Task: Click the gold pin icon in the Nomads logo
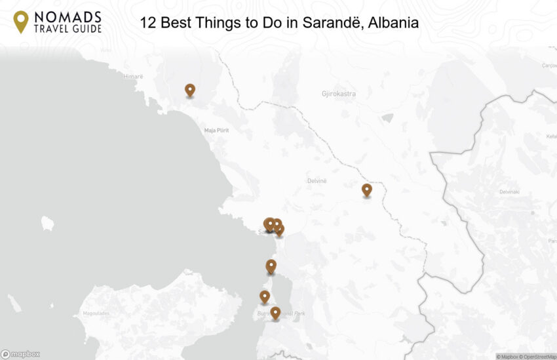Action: [x=21, y=21]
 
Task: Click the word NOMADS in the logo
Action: [x=68, y=16]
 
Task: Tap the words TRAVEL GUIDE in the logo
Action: [x=68, y=29]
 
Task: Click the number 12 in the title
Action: [x=148, y=23]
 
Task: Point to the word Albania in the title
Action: [x=393, y=23]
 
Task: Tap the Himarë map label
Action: [x=133, y=77]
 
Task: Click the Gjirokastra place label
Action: [x=339, y=94]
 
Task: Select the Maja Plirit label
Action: [x=216, y=130]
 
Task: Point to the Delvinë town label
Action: [x=317, y=180]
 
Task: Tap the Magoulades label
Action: [x=96, y=313]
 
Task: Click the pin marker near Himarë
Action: [x=190, y=90]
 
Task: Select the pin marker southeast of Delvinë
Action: [x=367, y=190]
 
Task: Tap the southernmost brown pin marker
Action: [x=275, y=312]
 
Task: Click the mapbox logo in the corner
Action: [x=20, y=354]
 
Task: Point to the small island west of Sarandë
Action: [x=47, y=223]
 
